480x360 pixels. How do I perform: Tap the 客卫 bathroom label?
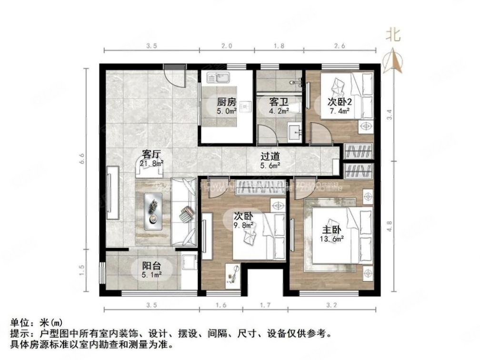(x=279, y=102)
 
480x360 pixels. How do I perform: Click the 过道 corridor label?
(x=270, y=156)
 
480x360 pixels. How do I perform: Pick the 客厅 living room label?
(x=151, y=154)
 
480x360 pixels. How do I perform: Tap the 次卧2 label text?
(x=340, y=102)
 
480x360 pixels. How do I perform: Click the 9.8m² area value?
(x=243, y=226)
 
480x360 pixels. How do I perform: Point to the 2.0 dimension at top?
(x=227, y=46)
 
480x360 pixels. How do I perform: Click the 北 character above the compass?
(x=393, y=34)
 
